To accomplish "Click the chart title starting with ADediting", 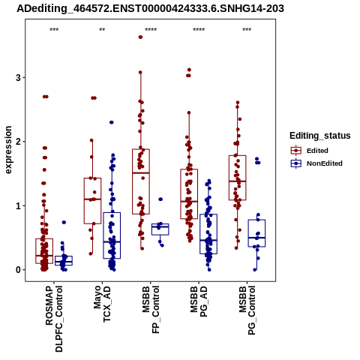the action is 150,9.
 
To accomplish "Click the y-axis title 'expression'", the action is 8,150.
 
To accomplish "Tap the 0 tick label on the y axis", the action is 18,270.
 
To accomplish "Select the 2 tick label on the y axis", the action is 18,142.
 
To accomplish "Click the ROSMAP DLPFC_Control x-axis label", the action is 54,319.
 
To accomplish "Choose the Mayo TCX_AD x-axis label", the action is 102,304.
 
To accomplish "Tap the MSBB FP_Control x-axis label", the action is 151,310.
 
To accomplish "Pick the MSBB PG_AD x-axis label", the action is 199,301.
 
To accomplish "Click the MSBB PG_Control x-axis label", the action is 247,310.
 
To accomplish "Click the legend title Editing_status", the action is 320,136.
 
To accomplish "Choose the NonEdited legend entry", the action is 316,163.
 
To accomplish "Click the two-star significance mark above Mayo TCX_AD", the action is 102,30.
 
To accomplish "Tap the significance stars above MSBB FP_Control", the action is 151,30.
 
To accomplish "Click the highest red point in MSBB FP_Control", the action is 140,37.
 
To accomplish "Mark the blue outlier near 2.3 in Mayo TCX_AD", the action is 112,122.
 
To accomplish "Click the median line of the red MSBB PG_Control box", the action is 237,181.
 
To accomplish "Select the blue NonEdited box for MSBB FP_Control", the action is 160,229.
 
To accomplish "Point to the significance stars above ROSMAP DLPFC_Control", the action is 54,30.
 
